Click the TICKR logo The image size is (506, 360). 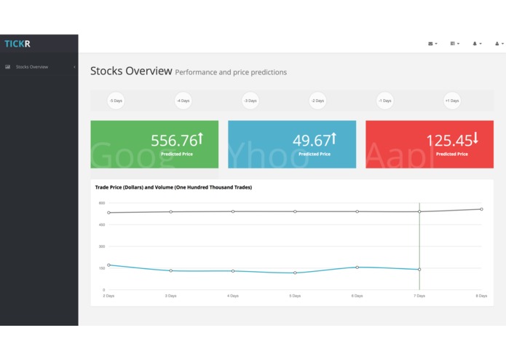point(17,44)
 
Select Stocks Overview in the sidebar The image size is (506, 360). point(31,67)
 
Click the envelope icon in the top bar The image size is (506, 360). point(431,44)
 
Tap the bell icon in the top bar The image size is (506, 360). point(475,44)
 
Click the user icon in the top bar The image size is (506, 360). point(497,44)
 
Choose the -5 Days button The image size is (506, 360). point(116,101)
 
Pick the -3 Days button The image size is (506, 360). point(250,101)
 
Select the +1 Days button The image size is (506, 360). point(452,101)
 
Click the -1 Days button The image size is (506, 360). point(384,101)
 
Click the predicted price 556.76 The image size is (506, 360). point(174,141)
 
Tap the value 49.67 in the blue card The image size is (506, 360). point(312,141)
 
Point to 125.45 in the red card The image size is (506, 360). point(448,141)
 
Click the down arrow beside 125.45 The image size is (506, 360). point(475,138)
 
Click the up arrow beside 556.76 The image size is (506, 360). point(200,138)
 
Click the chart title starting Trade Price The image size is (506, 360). point(173,187)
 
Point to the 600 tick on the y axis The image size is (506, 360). point(102,203)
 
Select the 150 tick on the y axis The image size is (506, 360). point(102,268)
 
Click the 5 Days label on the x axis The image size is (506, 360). point(295,296)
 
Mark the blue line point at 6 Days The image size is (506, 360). point(357,267)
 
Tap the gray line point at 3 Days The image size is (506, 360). point(171,212)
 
